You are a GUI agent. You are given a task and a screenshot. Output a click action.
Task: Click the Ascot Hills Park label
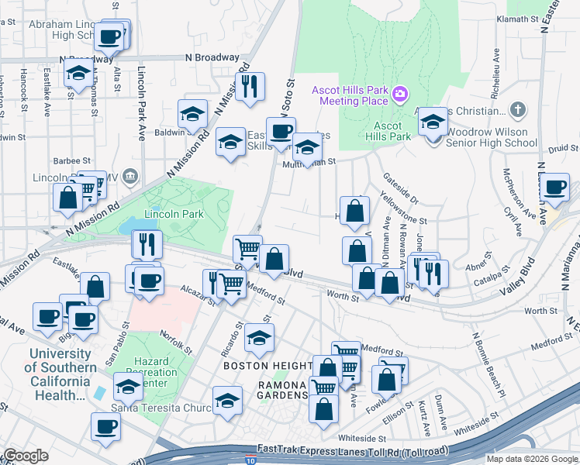click(x=388, y=131)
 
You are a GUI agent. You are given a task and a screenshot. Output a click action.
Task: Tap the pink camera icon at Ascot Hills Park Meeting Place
click(x=400, y=95)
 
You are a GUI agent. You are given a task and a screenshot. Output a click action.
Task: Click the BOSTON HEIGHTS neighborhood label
click(x=268, y=365)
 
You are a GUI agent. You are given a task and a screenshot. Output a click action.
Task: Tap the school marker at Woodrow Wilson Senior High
click(x=433, y=121)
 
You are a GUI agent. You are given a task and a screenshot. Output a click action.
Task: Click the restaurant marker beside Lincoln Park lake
click(x=146, y=244)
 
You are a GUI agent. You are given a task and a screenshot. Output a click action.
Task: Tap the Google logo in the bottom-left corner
click(x=25, y=456)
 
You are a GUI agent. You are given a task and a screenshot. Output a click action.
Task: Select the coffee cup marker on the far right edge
click(x=555, y=188)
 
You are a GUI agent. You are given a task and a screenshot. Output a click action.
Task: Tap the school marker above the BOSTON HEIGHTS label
click(x=259, y=338)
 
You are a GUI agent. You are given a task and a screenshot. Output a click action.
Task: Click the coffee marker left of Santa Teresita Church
click(x=105, y=425)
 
